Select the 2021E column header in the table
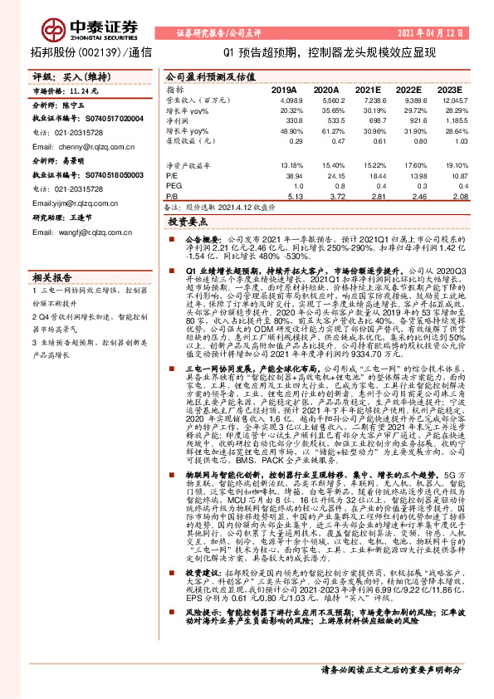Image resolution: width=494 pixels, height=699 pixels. [x=368, y=88]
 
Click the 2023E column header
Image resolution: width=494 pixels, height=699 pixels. [x=448, y=88]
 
